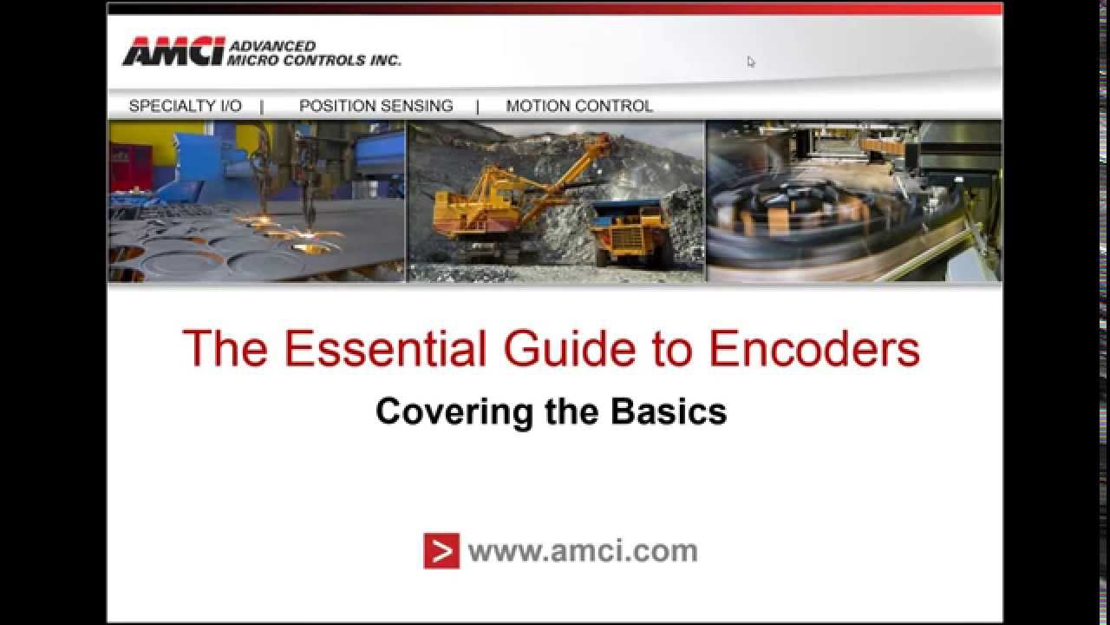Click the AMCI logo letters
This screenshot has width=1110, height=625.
[x=173, y=52]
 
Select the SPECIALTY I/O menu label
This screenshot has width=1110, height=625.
[x=185, y=106]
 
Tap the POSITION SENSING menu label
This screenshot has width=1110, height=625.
[x=375, y=106]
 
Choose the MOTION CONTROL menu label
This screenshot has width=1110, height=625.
[x=579, y=106]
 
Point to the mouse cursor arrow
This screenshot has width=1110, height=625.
[x=750, y=61]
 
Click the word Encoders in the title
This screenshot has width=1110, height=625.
[x=813, y=349]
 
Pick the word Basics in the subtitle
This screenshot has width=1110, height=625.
[x=668, y=411]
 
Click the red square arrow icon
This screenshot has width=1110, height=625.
[x=441, y=550]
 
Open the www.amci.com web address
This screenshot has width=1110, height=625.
[x=582, y=550]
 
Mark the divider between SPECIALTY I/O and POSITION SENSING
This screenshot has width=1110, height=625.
[x=262, y=106]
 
